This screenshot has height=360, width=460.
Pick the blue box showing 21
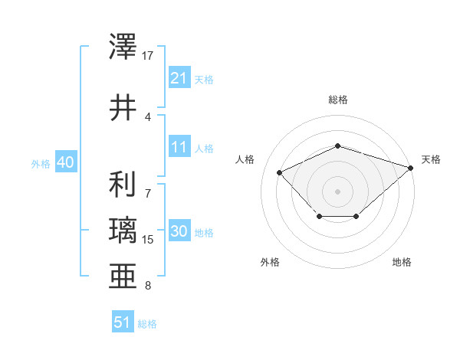(179, 78)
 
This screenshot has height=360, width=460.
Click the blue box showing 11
(179, 148)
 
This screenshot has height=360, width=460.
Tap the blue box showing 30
(179, 232)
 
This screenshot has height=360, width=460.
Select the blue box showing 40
(65, 163)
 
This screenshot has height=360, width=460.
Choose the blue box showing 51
(123, 322)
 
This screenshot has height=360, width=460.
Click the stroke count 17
(148, 56)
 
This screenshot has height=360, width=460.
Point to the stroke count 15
(148, 240)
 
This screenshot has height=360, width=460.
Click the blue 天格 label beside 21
(204, 79)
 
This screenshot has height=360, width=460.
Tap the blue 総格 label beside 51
(147, 324)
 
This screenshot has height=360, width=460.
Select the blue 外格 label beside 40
(41, 164)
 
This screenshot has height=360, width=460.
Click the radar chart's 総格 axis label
(338, 100)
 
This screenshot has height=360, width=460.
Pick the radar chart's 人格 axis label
(245, 159)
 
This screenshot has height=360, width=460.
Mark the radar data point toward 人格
(280, 173)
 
